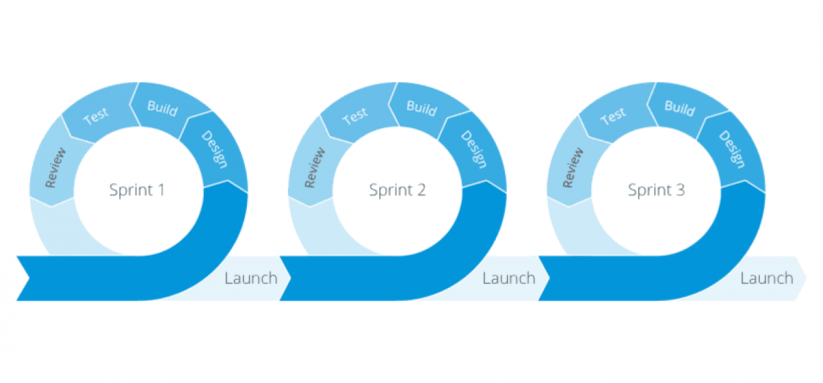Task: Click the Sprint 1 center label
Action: click(x=137, y=190)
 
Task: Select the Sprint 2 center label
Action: click(x=397, y=190)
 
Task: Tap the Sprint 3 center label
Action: click(x=656, y=190)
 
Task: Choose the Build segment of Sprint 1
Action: click(x=163, y=108)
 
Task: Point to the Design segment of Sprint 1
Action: click(x=215, y=149)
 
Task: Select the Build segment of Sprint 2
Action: click(x=422, y=108)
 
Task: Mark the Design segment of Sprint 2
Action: click(x=474, y=149)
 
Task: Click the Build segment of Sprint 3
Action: click(x=680, y=108)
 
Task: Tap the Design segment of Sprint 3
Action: click(x=732, y=149)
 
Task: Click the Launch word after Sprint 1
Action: click(x=251, y=278)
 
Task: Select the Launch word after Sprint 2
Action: click(x=509, y=278)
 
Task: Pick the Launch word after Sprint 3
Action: click(x=767, y=278)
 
